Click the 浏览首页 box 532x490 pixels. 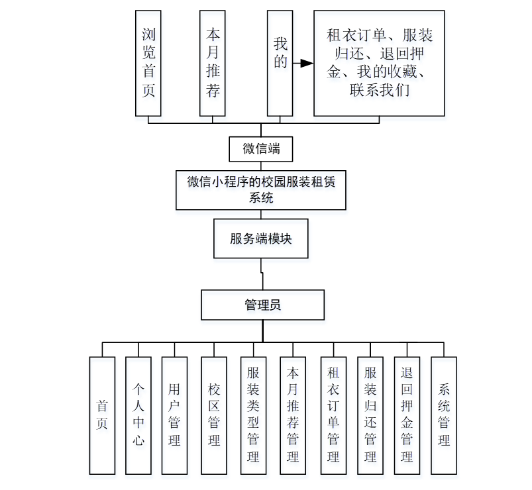[148, 63]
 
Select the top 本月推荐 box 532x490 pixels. [213, 63]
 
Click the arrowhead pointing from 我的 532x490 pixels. [305, 64]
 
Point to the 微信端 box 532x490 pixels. [261, 149]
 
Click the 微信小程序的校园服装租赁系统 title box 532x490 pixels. [261, 190]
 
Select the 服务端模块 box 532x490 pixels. [261, 239]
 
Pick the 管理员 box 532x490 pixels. [263, 305]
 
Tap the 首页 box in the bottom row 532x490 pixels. [102, 415]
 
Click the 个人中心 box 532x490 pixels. [138, 415]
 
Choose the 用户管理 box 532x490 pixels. [174, 415]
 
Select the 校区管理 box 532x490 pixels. [214, 415]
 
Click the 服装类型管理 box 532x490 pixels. [253, 415]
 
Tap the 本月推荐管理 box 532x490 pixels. [293, 415]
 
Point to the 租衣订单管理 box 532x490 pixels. [333, 415]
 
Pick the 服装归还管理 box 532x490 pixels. [370, 415]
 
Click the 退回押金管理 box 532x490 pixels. [407, 415]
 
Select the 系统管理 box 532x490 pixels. [444, 415]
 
